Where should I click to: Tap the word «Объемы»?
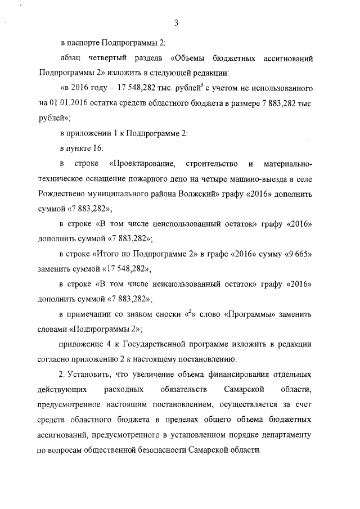[x=187, y=58]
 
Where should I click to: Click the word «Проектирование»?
[x=143, y=164]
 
